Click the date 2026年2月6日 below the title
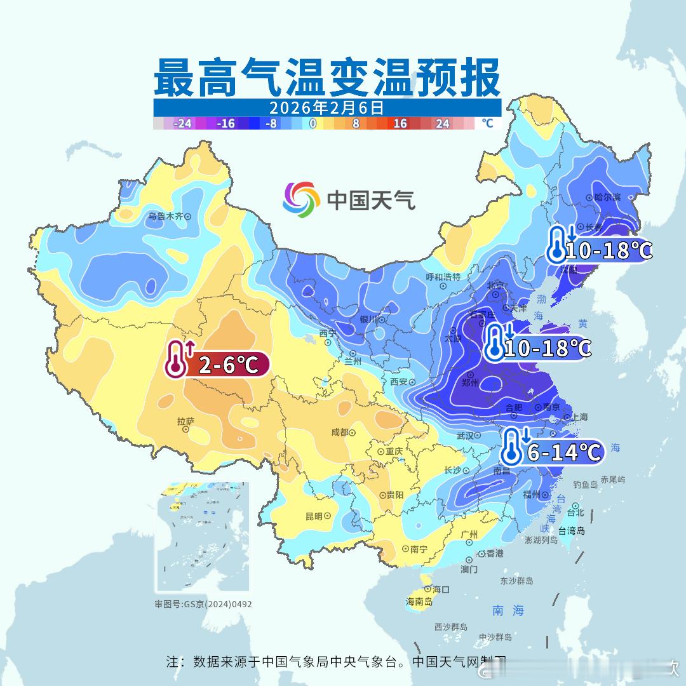326,107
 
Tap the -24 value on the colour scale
183,123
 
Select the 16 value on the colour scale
400,123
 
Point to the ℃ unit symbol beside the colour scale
487,123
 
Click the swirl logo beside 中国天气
301,199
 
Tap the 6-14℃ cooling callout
552,452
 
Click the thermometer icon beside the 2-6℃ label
176,360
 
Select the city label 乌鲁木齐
165,216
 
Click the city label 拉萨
185,420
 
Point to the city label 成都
340,433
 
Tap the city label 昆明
314,516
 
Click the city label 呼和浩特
443,277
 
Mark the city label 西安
398,382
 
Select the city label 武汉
465,436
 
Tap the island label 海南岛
419,602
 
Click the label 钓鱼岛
585,485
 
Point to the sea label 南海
508,610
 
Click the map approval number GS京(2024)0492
203,604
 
